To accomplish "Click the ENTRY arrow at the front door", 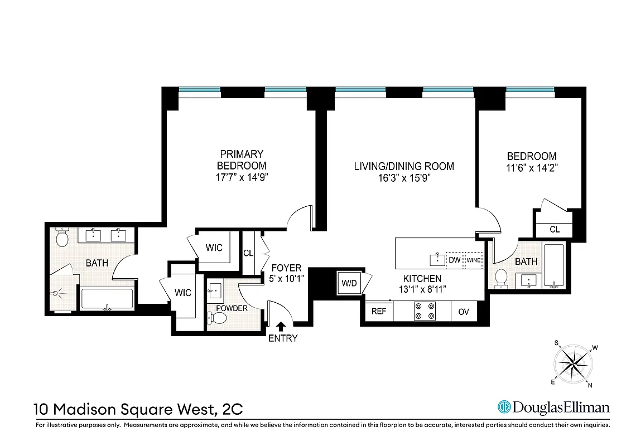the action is [x=281, y=326].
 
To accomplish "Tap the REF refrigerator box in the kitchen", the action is [x=379, y=311].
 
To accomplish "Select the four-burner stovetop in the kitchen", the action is [x=425, y=311].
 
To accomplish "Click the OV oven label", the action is [x=464, y=312].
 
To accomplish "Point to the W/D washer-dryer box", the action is [x=349, y=283].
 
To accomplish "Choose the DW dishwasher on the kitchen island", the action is [x=455, y=260].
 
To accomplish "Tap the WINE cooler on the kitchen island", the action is [x=474, y=260].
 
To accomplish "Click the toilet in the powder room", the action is [x=218, y=318].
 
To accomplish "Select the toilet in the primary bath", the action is [x=62, y=237].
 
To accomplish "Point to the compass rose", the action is [x=573, y=364].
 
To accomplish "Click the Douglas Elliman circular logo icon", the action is [x=504, y=407].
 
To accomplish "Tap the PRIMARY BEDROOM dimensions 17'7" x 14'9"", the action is [x=242, y=177].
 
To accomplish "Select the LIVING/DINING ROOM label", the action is [x=404, y=166].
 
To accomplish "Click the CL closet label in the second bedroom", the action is [x=555, y=229].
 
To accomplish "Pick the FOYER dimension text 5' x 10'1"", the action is [x=286, y=278].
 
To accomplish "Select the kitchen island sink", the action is [x=437, y=259].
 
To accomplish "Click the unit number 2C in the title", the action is [x=232, y=409].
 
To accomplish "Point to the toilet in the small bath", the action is [x=501, y=278].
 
